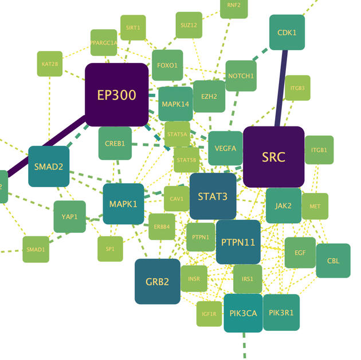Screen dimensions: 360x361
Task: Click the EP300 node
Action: pos(117,94)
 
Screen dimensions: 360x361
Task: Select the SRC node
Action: pos(273,157)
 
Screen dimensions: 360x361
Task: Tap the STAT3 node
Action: pos(213,196)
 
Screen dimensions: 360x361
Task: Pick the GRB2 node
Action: pos(157,281)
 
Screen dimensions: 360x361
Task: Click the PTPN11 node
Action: pos(238,242)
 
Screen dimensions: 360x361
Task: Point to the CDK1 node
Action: pos(287,33)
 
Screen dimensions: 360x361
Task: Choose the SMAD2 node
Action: pos(49,167)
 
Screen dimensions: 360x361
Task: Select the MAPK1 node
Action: pos(123,204)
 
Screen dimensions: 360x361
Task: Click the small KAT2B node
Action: pos(50,64)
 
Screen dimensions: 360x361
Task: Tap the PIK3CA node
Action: pos(243,313)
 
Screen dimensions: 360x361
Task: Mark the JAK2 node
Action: pos(283,205)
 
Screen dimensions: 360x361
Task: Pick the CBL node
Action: pos(333,261)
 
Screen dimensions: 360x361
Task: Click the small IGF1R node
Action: pos(209,314)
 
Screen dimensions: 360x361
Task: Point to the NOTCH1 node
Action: pos(241,76)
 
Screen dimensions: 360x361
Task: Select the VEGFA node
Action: pos(225,148)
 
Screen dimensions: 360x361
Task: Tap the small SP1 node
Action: pos(110,249)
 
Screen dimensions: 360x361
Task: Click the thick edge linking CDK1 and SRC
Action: pos(281,88)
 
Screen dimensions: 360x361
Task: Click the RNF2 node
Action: pos(234,6)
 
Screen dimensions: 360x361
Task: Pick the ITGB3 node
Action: pos(297,88)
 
